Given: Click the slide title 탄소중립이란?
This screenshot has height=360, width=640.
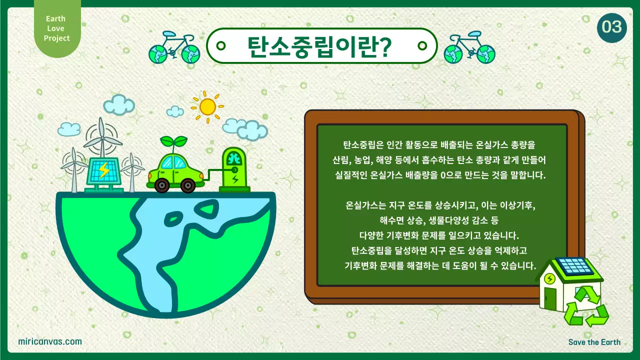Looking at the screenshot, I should click(320, 46).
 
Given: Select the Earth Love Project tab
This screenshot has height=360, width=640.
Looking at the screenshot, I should click(56, 28).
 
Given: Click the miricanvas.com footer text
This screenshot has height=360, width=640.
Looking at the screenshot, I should click(49, 341).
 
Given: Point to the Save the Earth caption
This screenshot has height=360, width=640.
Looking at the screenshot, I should click(594, 342).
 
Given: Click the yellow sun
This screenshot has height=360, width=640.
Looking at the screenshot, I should click(207, 106).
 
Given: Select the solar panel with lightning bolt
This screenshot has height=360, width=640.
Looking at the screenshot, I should click(103, 171).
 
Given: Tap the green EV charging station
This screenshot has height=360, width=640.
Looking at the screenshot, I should click(234, 168).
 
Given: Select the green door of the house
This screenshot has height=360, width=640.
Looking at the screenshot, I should click(550, 299).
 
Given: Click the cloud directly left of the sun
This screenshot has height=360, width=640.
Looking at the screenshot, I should click(175, 111).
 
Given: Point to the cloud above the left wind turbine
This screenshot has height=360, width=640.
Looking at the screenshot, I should click(69, 128).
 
